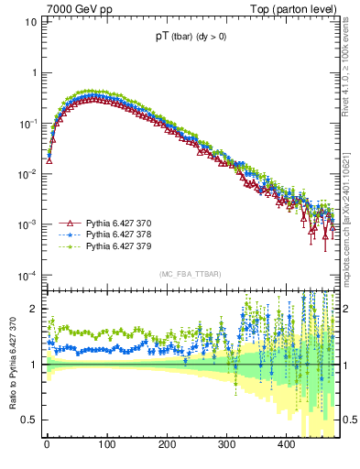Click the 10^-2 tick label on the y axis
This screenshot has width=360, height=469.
[28, 173]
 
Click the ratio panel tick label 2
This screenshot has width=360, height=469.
[33, 310]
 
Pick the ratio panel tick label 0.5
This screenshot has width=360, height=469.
[29, 420]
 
